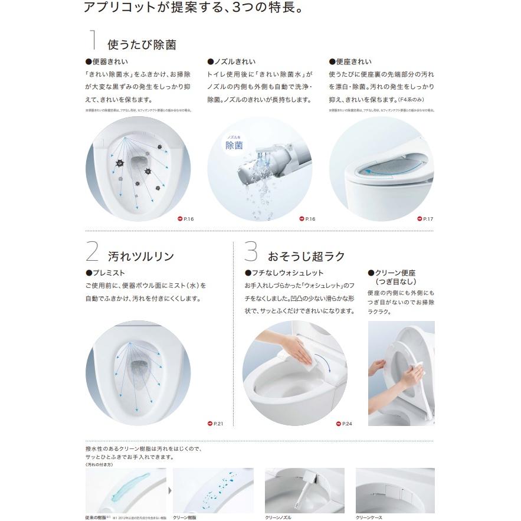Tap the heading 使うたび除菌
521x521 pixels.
142,44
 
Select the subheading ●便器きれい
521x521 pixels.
107,62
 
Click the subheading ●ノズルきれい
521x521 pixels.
231,62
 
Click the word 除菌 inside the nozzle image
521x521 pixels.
234,146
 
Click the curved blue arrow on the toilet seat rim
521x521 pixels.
379,171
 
